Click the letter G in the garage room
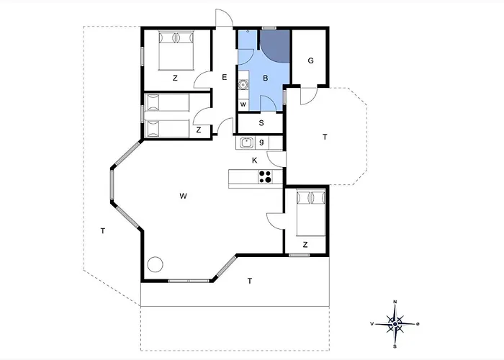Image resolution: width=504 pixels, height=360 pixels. tap(310, 60)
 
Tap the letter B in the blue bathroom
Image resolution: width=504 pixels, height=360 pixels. tap(266, 78)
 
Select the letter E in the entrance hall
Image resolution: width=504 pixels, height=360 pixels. tap(225, 77)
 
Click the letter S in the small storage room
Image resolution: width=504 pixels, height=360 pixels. tap(261, 123)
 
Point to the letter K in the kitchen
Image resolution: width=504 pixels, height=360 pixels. tap(255, 161)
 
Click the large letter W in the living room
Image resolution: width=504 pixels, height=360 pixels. tap(183, 196)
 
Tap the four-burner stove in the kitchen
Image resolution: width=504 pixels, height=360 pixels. tap(266, 177)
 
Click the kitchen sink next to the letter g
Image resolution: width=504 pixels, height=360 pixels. tap(246, 143)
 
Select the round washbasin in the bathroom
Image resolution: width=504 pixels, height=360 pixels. tap(243, 85)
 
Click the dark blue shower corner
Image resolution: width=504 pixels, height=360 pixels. tap(274, 45)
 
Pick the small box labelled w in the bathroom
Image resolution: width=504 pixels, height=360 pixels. tap(243, 104)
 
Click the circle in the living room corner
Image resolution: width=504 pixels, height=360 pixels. tap(156, 264)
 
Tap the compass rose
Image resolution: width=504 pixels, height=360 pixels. tap(395, 324)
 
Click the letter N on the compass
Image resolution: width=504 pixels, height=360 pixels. tap(395, 302)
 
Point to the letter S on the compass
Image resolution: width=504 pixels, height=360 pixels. tap(395, 346)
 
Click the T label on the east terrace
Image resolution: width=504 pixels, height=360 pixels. tap(325, 137)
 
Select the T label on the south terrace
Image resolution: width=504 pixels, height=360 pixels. tap(250, 281)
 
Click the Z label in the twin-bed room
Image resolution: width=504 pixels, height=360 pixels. tap(199, 130)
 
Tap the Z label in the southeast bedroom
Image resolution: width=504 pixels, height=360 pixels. tap(305, 245)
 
